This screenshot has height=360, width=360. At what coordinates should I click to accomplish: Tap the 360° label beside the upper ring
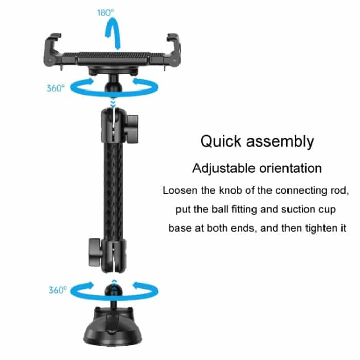tap(56, 88)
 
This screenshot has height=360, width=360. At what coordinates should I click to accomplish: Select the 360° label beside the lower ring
tap(58, 290)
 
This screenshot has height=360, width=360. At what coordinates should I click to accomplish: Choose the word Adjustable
tap(223, 168)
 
